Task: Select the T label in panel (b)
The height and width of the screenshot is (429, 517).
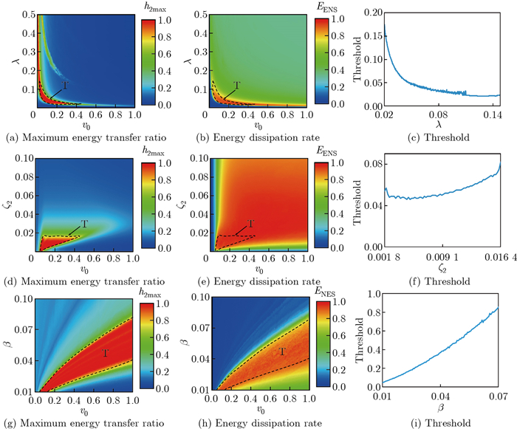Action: [x=238, y=86]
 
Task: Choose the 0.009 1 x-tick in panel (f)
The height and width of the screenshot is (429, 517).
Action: [x=442, y=258]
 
